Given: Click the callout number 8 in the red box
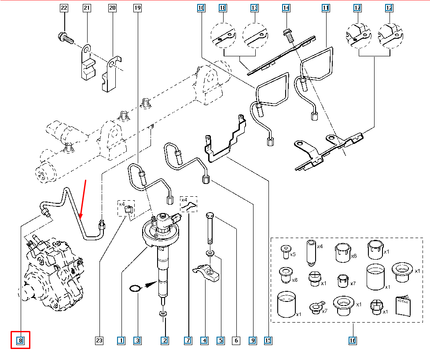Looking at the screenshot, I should point(20,340).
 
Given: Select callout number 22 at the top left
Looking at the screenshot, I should point(64,8).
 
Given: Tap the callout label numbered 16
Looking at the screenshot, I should point(353,340).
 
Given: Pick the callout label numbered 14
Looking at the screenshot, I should point(286,8).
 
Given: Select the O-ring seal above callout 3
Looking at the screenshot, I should point(136,289).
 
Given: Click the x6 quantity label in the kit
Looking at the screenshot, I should point(353,255).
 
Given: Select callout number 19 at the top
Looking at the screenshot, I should point(137,8).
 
